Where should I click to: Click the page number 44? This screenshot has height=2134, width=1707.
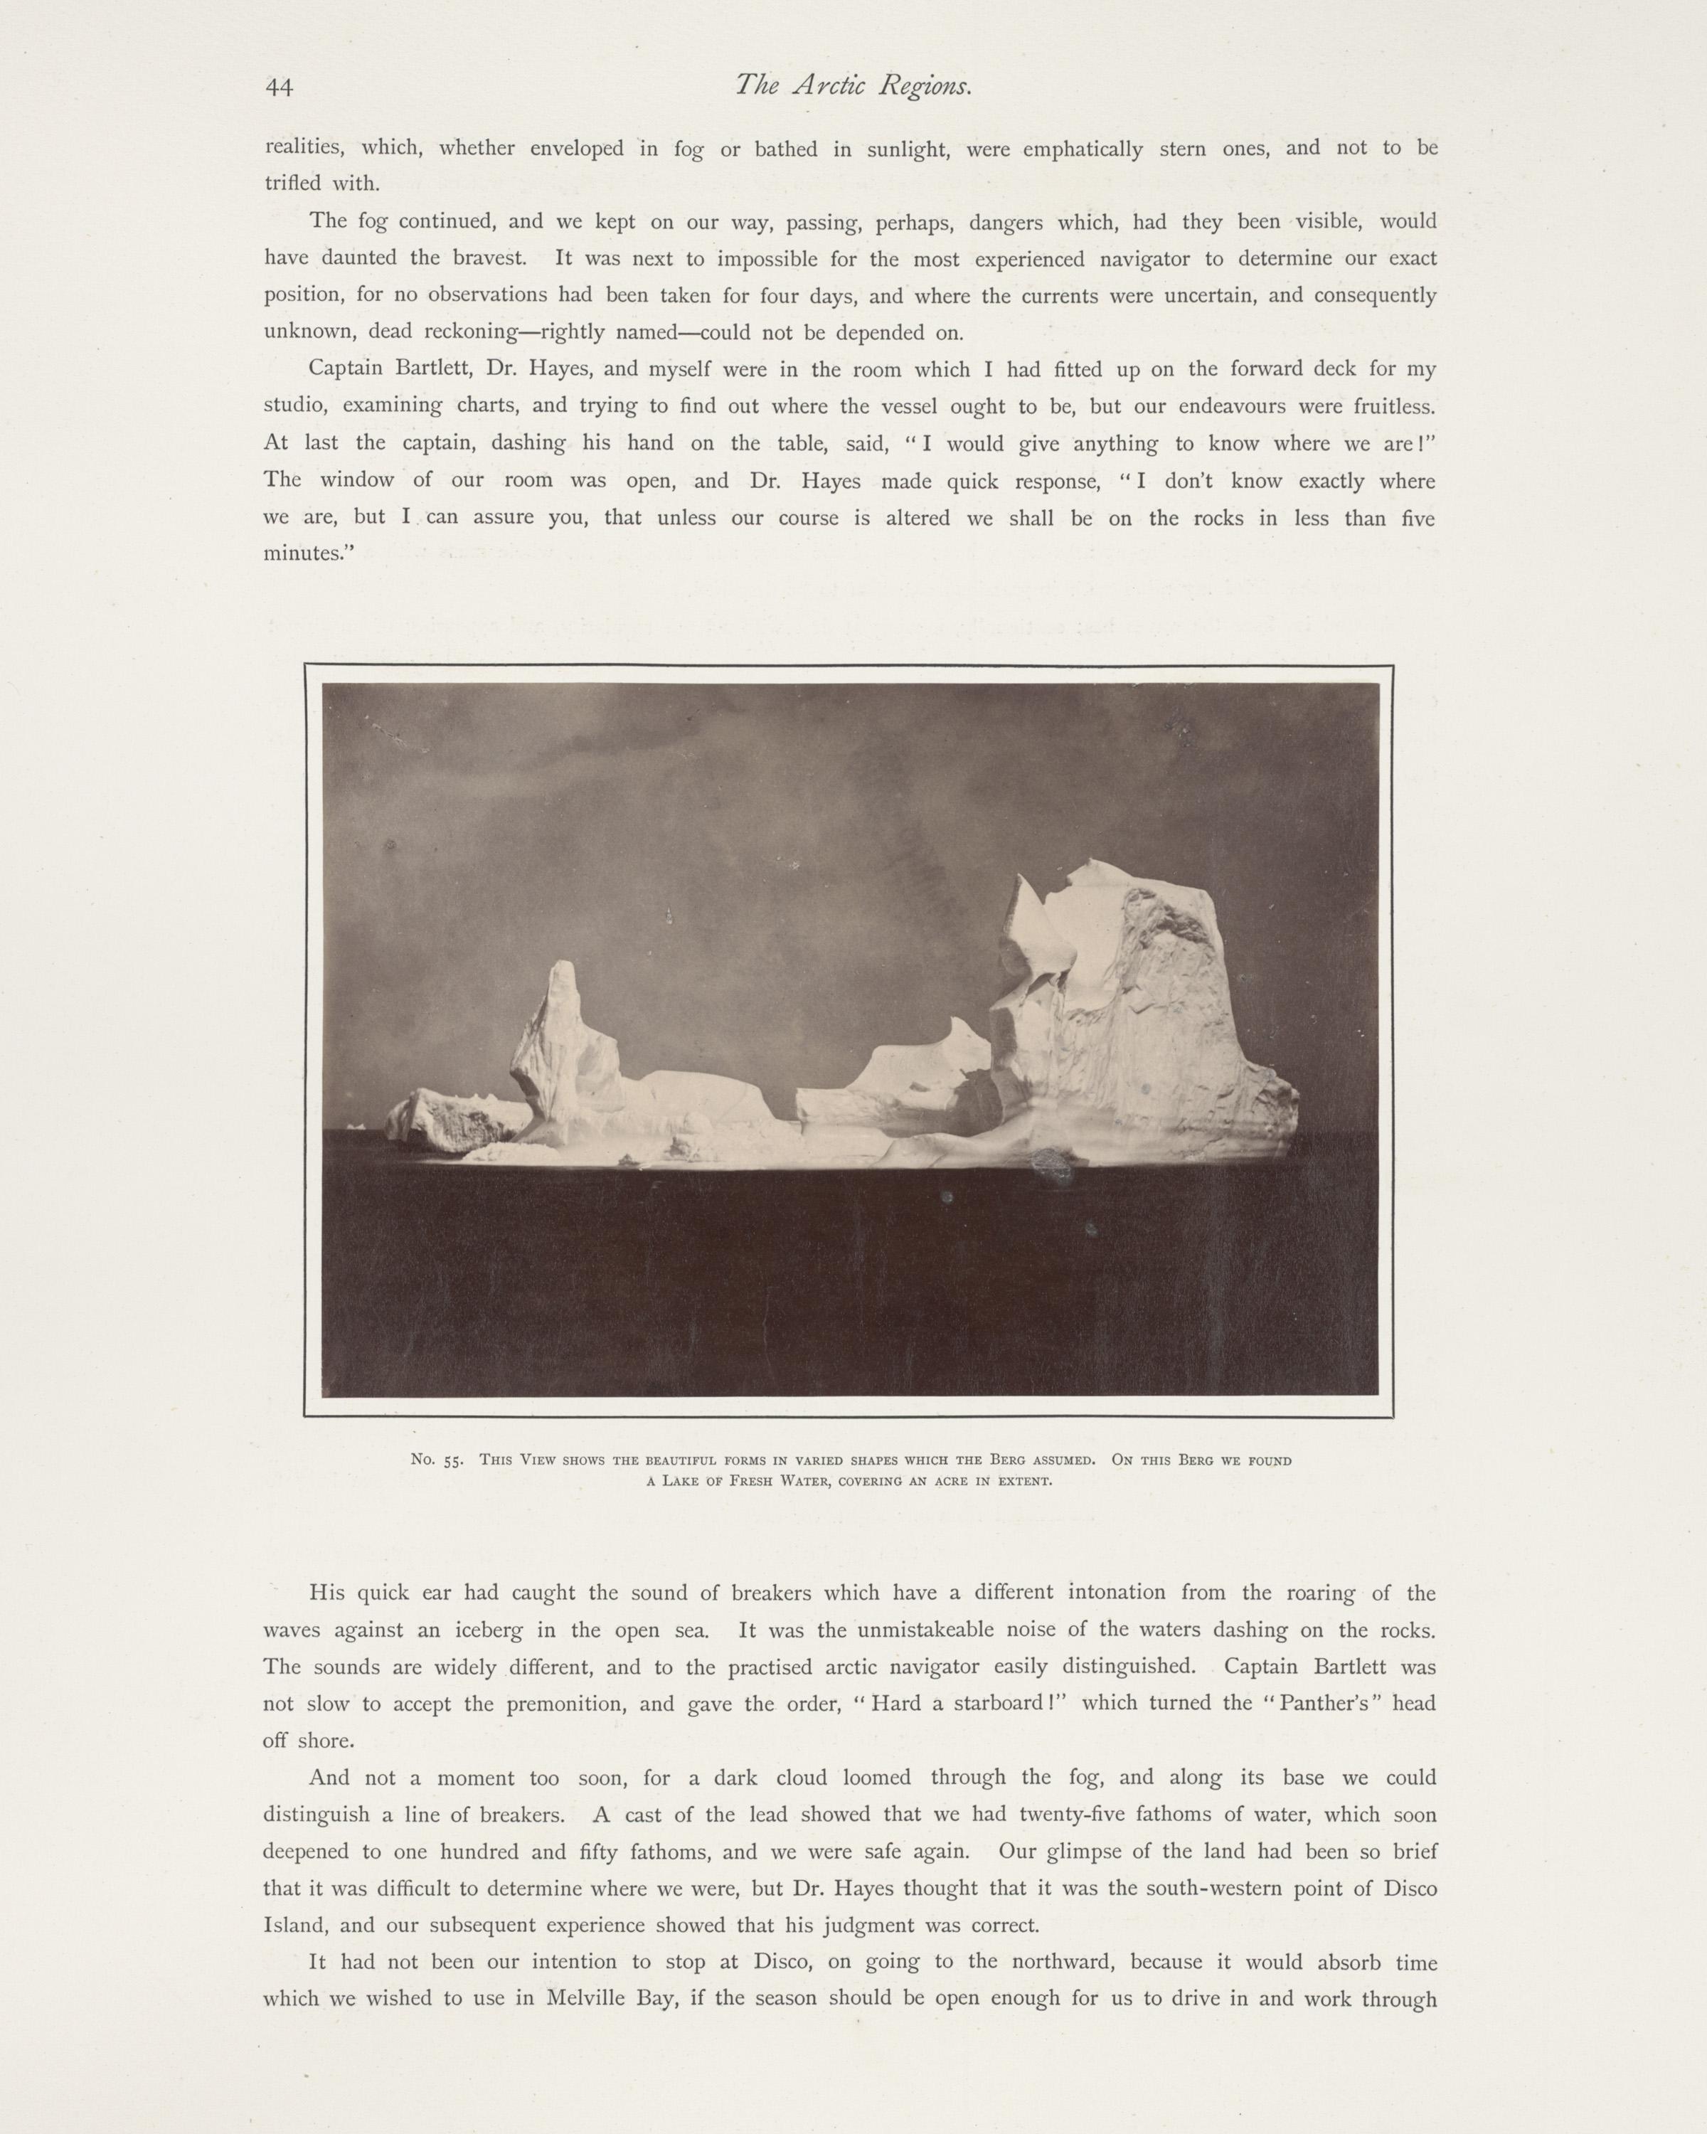[279, 88]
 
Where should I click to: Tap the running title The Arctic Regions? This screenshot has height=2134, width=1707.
[853, 87]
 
